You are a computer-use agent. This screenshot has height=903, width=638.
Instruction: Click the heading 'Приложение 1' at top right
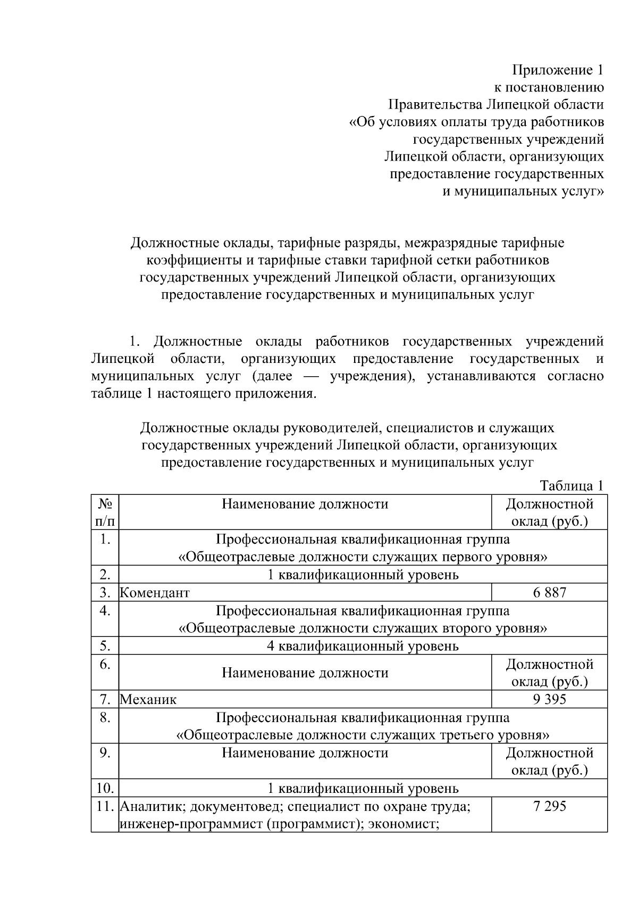coord(558,70)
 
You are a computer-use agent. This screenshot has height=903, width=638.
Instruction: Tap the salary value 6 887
coord(550,592)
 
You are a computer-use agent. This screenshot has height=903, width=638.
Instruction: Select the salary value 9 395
coord(550,699)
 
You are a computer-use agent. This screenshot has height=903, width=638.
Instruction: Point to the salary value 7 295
coord(550,806)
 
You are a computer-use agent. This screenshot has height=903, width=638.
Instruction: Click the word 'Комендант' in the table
coord(155,593)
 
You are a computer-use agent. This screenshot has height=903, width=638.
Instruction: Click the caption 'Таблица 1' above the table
coord(572,485)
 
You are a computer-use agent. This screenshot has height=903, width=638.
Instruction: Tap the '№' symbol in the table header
coord(105,503)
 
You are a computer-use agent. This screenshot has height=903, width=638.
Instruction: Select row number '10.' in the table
coord(105,788)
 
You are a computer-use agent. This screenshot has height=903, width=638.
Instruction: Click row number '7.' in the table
coord(105,699)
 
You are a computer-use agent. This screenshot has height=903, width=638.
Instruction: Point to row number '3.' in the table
coord(105,592)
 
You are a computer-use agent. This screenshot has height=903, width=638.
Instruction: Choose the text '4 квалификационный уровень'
coord(363,646)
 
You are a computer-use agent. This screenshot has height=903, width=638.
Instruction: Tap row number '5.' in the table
coord(105,646)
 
